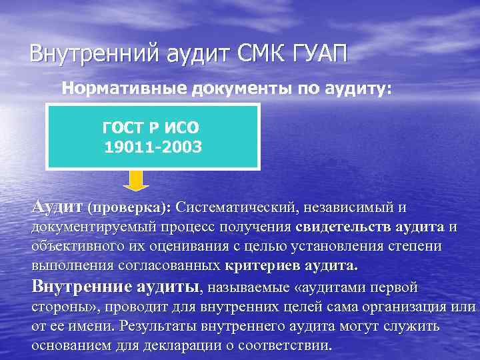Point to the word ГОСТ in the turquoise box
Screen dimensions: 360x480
(x=123, y=127)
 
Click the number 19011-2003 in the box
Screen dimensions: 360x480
(x=153, y=145)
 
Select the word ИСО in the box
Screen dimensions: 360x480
(x=181, y=127)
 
